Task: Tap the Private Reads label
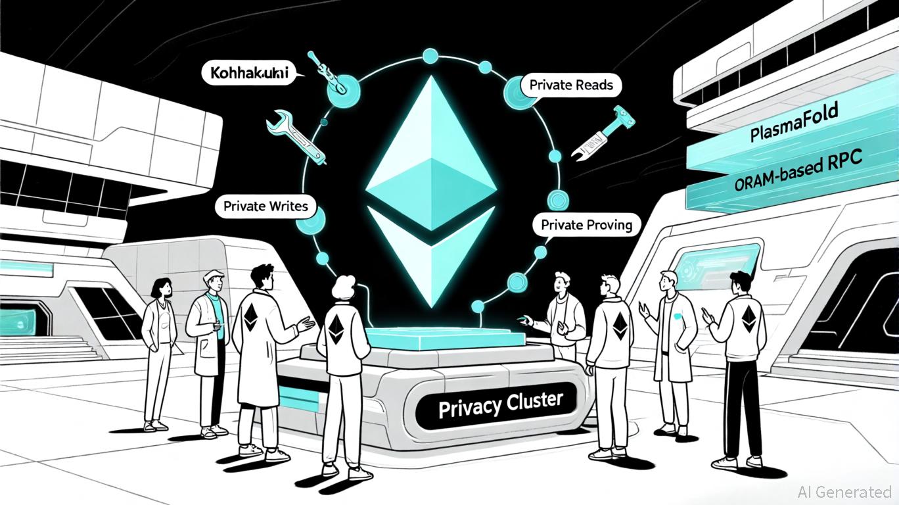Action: (570, 85)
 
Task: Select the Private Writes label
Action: (265, 206)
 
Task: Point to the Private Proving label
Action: (586, 225)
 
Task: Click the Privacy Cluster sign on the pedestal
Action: (500, 402)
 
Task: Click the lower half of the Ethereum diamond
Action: (430, 253)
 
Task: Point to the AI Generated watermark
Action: (844, 491)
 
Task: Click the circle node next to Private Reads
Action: (515, 90)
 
